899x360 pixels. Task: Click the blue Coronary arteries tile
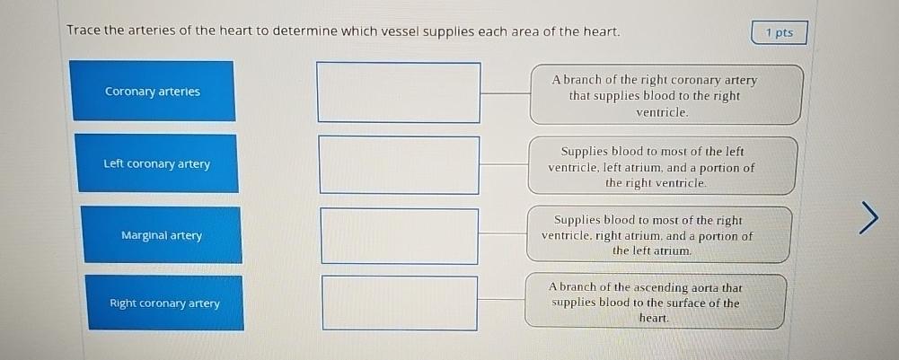153,91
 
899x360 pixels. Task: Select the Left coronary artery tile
157,163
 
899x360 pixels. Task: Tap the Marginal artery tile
162,235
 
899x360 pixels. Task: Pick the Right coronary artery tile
165,303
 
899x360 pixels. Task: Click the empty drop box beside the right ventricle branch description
398,92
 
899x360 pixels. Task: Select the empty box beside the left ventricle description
399,164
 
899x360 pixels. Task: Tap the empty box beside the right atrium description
399,236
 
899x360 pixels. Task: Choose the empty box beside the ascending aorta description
400,303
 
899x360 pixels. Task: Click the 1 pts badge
780,32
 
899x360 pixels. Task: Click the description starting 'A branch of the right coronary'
664,95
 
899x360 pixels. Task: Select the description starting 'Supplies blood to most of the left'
661,167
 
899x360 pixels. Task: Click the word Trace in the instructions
83,31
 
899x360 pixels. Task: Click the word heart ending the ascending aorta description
653,319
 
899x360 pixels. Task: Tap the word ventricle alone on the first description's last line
662,112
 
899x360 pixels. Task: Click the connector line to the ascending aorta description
502,299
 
